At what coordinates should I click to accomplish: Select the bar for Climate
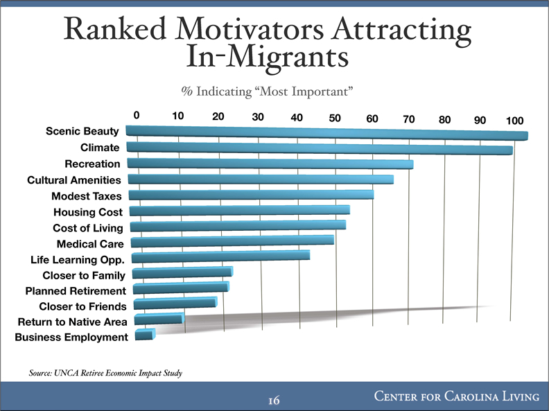coord(319,148)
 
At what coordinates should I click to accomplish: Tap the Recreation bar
coord(270,164)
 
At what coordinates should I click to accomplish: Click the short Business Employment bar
coord(144,335)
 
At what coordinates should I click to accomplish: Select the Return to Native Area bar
coord(158,320)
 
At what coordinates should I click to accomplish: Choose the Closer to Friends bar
coord(175,304)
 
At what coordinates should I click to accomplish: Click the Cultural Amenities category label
coord(74,180)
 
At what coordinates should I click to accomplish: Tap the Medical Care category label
coord(90,244)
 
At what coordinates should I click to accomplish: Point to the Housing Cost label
coord(88,212)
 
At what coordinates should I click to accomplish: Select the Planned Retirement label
coord(76,290)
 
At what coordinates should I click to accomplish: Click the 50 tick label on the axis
coord(335,118)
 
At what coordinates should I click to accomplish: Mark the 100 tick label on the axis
coord(514,121)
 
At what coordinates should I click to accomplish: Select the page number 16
coord(274,400)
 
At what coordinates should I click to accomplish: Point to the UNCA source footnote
coord(105,374)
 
